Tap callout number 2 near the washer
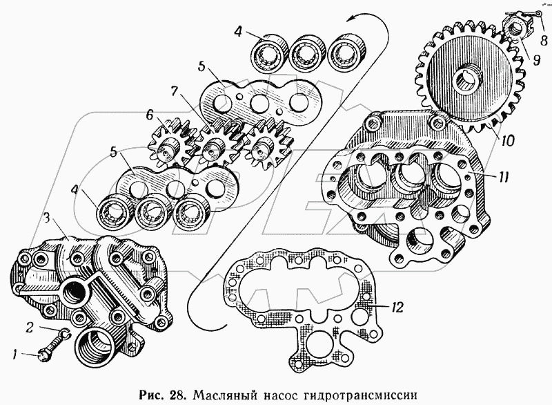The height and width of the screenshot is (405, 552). tap(30, 328)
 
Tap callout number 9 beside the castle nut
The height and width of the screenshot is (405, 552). tap(536, 60)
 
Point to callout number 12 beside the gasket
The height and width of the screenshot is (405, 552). tap(396, 308)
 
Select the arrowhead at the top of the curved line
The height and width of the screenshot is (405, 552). tap(350, 20)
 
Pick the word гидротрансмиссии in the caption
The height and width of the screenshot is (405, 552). tap(359, 395)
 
